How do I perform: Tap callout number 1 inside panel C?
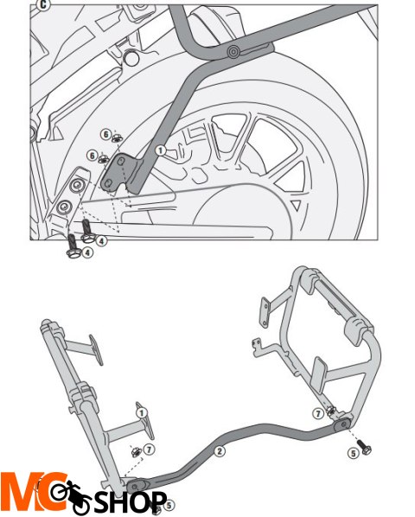tap(160, 150)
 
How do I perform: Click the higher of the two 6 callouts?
tap(105, 134)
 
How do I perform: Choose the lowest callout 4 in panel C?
tap(88, 253)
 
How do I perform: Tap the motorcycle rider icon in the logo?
tap(67, 495)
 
